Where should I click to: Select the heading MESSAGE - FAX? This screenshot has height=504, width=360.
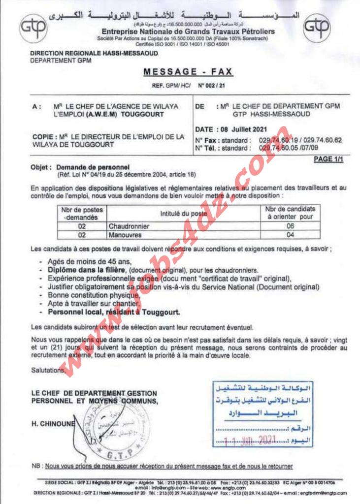188,72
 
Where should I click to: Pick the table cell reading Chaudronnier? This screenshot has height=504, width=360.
129,226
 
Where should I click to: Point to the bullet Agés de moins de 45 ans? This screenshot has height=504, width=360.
90,262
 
